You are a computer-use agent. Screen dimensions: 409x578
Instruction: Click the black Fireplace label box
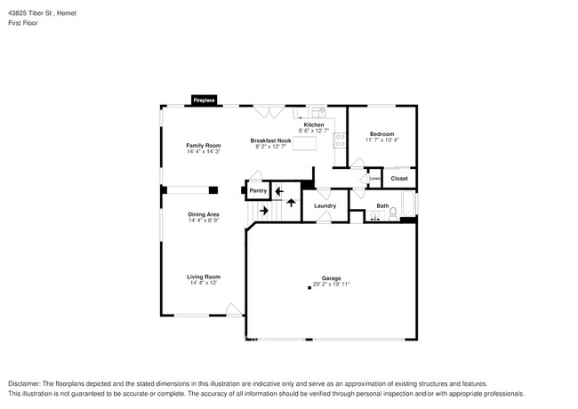click(204, 101)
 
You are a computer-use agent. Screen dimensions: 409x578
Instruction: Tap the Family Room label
click(203, 145)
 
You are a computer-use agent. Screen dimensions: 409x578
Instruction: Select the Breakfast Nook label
click(270, 140)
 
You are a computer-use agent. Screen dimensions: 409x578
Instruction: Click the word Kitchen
click(314, 124)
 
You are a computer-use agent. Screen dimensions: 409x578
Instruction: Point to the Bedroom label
click(381, 133)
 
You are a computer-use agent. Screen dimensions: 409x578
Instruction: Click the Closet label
click(399, 179)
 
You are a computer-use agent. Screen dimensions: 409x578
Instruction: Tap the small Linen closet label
click(374, 179)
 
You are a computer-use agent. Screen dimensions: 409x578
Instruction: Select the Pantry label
click(258, 190)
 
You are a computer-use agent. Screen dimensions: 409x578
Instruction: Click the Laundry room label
click(325, 206)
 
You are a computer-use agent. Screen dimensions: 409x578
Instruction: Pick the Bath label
click(382, 206)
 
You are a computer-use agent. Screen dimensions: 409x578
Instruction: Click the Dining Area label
click(204, 214)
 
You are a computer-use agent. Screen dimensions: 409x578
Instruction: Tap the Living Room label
click(203, 277)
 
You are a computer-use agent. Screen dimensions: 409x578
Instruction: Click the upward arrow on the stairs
click(292, 203)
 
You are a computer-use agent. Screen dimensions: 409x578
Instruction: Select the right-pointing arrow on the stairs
click(263, 211)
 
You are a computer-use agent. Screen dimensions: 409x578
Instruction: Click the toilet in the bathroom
click(393, 214)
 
